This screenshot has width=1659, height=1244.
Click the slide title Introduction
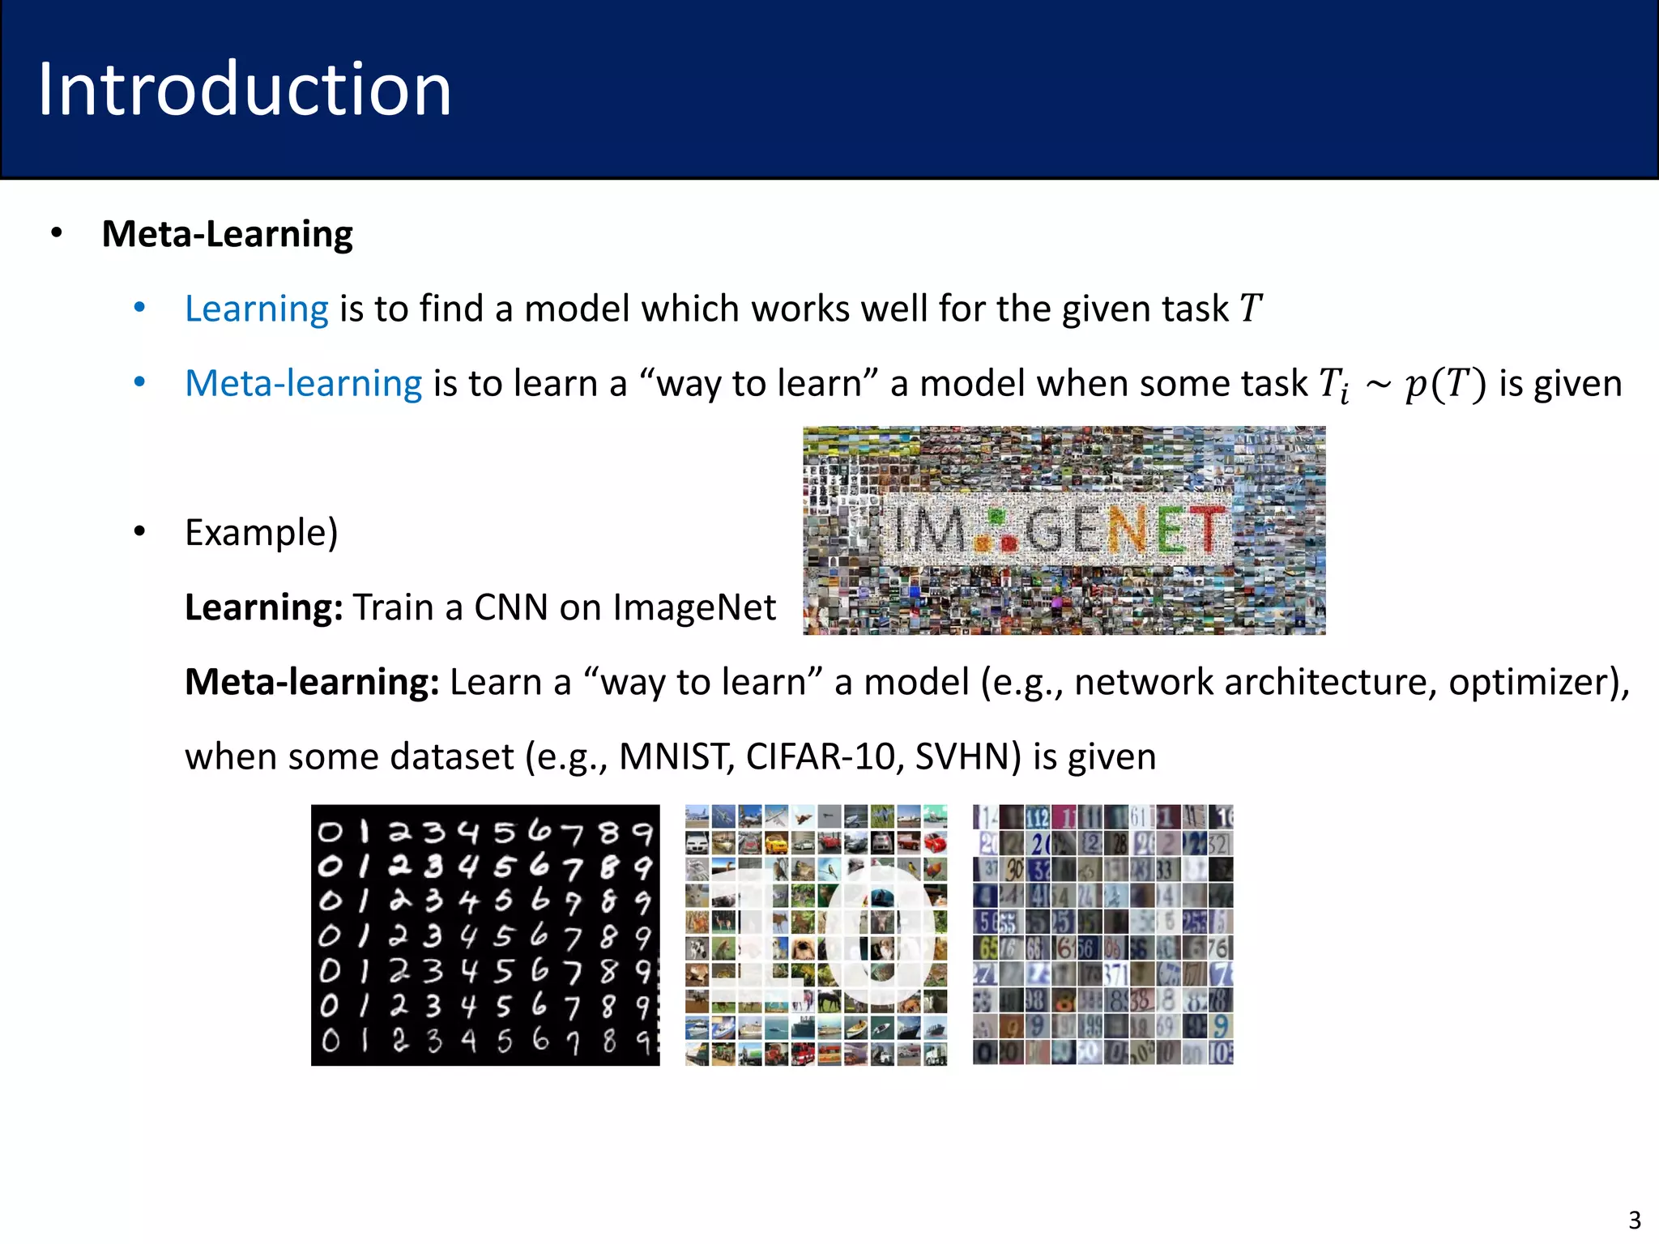click(x=244, y=89)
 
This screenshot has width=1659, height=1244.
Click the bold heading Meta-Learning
click(x=227, y=234)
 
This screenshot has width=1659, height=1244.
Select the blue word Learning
click(x=256, y=309)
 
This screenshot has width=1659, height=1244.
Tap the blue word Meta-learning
click(x=303, y=383)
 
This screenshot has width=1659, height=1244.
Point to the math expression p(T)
click(x=1445, y=384)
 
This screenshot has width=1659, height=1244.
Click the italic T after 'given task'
click(x=1250, y=309)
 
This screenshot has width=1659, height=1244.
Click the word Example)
click(x=261, y=533)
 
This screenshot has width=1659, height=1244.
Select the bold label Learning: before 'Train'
click(x=264, y=607)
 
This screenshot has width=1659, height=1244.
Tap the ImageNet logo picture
click(x=1064, y=530)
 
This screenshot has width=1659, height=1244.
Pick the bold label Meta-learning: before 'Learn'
click(x=312, y=682)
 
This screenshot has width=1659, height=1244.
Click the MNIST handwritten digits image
click(x=485, y=935)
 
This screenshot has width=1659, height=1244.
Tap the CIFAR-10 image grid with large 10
click(x=816, y=935)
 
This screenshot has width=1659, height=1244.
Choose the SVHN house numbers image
click(x=1102, y=935)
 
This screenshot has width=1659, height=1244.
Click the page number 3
click(x=1634, y=1220)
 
